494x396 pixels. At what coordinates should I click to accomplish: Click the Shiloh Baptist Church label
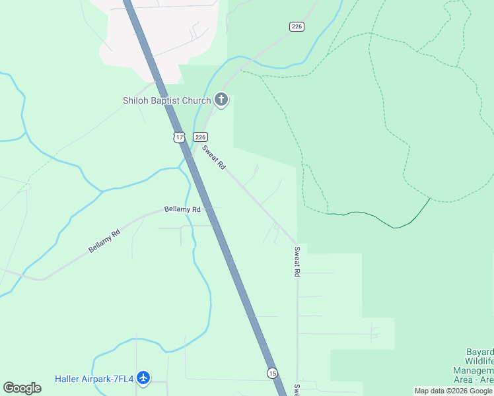[x=166, y=100]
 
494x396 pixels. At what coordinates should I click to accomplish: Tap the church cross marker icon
[x=221, y=100]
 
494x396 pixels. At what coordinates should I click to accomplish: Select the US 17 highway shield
[x=179, y=137]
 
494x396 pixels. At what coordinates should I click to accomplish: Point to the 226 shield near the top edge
[x=297, y=26]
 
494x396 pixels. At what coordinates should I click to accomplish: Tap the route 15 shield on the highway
[x=272, y=374]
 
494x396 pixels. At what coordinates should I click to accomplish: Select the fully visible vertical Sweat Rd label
[x=297, y=261]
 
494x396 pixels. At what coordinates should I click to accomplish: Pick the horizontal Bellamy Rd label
[x=182, y=209]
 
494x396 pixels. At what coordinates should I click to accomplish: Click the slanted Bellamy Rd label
[x=105, y=241]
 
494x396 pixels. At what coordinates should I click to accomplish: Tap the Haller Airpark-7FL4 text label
[x=94, y=379]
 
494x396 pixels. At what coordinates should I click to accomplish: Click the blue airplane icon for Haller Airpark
[x=143, y=378]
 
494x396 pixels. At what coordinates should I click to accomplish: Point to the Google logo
[x=22, y=388]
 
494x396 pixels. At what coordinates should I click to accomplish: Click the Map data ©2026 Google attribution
[x=454, y=391]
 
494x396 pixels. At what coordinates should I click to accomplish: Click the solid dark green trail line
[x=383, y=220]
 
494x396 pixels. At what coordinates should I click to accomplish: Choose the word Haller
[x=68, y=379]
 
